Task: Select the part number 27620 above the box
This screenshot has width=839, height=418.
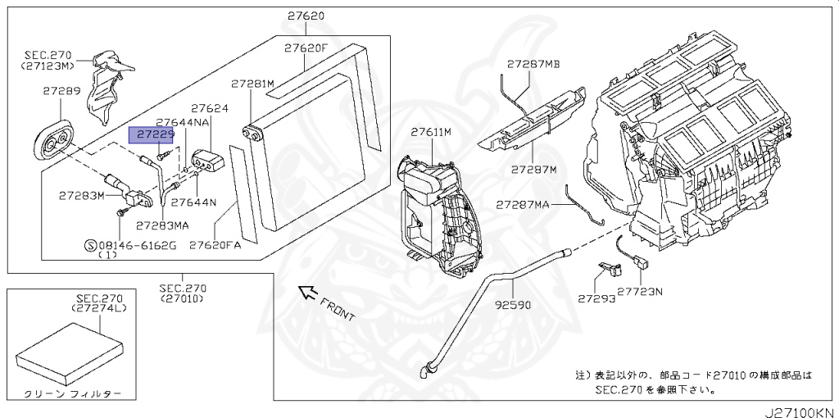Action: point(306,16)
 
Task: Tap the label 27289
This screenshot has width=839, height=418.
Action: point(62,90)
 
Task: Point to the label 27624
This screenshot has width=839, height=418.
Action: point(210,109)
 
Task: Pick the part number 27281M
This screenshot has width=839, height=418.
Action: point(252,84)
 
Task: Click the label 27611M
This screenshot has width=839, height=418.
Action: point(431,132)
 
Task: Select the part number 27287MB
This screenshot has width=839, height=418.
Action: point(533,64)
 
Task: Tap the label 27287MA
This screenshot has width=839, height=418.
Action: point(522,204)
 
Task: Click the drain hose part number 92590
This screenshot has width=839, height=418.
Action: point(513,305)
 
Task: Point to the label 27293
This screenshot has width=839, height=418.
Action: point(596,298)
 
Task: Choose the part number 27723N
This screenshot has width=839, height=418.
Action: point(640,292)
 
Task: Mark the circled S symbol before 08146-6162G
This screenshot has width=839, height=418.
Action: point(90,245)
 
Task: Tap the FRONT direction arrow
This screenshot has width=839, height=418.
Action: point(308,293)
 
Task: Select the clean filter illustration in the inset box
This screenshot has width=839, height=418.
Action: point(70,352)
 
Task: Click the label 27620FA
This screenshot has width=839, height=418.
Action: point(215,245)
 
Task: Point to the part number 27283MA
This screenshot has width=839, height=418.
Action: point(162,225)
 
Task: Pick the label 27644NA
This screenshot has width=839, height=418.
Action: point(183,123)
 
